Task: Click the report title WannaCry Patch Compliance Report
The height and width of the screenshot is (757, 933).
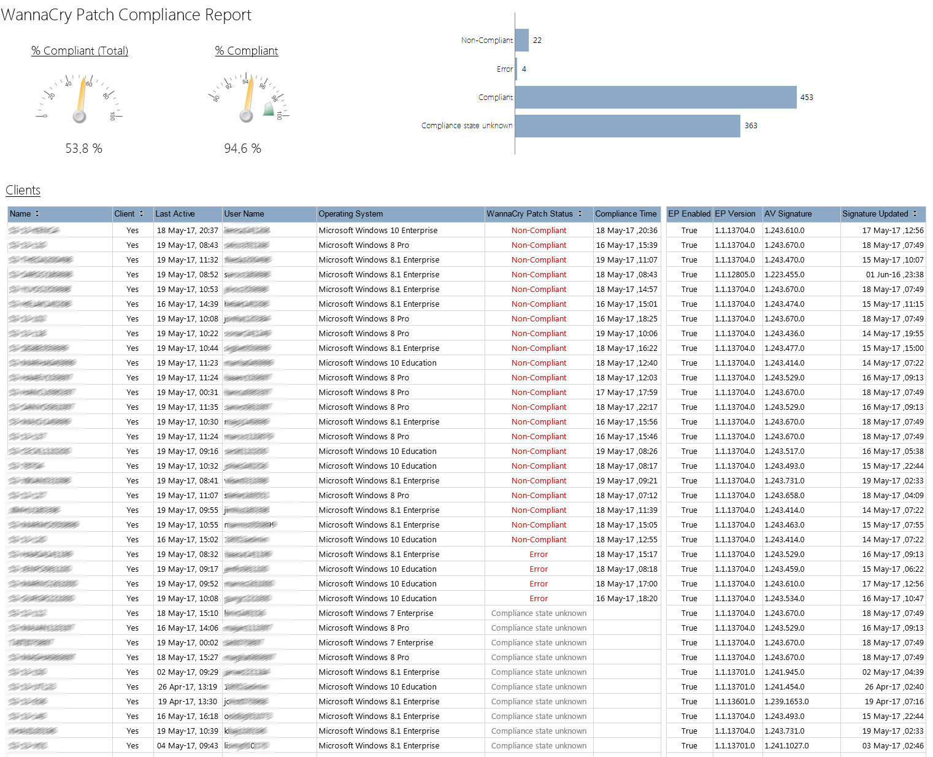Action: pos(126,15)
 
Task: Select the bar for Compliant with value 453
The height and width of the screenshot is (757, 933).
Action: pos(655,98)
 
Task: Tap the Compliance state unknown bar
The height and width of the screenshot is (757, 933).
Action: pos(627,126)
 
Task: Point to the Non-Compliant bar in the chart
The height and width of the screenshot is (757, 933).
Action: pos(522,40)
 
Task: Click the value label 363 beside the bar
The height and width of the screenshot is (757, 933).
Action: pos(751,126)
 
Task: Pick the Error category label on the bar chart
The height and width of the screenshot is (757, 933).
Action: pos(504,69)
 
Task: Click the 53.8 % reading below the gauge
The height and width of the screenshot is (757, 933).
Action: pos(83,148)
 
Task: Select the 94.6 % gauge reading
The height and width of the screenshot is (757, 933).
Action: pos(242,148)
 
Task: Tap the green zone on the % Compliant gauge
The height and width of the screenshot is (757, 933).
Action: pos(269,110)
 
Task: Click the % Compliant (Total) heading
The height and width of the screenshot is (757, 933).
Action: pos(80,51)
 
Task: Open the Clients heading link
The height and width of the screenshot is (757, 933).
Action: pos(23,190)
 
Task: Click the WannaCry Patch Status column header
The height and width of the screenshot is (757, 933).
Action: pos(529,214)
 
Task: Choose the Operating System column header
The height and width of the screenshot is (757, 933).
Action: pos(350,214)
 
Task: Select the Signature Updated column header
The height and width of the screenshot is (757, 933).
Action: pos(875,214)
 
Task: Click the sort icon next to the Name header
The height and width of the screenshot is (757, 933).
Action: pos(37,213)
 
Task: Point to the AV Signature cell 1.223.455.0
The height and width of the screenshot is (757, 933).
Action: pos(784,275)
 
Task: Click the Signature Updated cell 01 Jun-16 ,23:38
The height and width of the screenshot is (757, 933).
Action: pos(894,275)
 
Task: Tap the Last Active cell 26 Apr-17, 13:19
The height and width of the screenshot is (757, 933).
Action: pos(187,687)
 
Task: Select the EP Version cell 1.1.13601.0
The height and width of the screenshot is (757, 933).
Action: pos(734,702)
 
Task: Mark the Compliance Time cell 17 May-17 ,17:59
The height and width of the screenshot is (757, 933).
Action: pos(626,393)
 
